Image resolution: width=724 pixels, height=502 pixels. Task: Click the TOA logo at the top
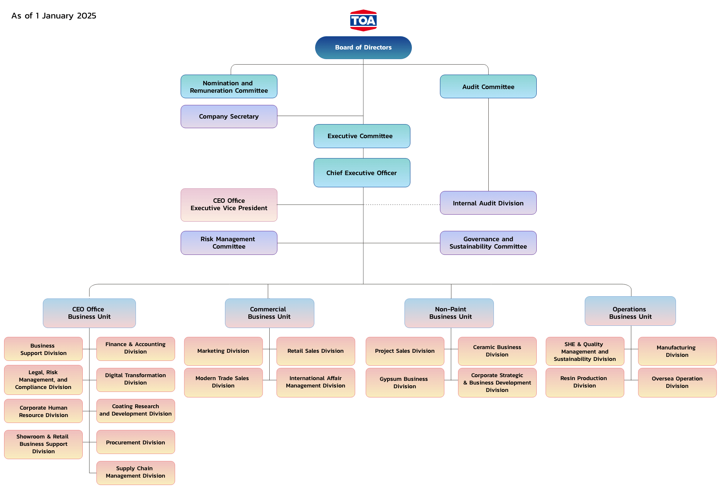click(363, 20)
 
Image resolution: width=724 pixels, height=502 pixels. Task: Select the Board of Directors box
click(363, 47)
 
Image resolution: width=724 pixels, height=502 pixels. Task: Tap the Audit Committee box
click(488, 87)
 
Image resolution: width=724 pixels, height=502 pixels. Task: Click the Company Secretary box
click(229, 116)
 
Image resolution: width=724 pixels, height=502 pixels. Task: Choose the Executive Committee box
click(362, 136)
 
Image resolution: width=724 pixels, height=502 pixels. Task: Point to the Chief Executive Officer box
click(362, 173)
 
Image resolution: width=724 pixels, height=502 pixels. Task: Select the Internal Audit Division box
click(488, 203)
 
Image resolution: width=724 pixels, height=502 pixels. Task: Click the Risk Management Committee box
click(229, 243)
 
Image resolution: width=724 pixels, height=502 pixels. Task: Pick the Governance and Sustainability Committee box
click(488, 243)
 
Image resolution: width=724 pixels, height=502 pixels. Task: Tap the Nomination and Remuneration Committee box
click(229, 87)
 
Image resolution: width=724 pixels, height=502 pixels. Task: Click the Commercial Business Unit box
click(269, 313)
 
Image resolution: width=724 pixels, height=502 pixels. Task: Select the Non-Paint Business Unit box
click(449, 313)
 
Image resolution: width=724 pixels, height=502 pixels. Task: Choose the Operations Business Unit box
click(630, 311)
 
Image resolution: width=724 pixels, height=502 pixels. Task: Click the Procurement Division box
click(136, 442)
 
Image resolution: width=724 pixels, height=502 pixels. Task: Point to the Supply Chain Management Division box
click(136, 472)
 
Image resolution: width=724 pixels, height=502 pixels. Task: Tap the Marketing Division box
click(223, 351)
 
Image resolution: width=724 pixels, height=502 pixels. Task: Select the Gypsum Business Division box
click(405, 382)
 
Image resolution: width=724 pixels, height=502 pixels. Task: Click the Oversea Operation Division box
click(677, 382)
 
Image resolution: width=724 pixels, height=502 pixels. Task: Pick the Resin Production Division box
click(585, 382)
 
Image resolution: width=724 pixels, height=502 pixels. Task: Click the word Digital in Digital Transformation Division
click(114, 375)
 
